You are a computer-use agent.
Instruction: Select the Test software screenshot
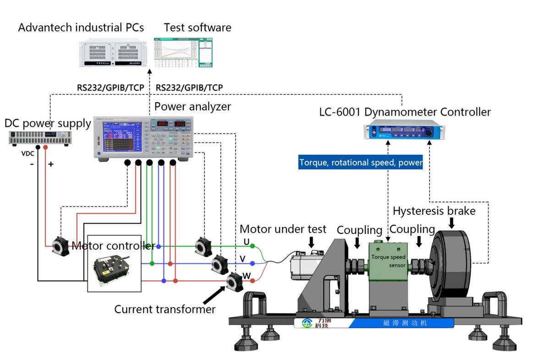[183, 52]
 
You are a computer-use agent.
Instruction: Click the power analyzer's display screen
[119, 137]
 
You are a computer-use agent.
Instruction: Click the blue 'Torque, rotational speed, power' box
[360, 163]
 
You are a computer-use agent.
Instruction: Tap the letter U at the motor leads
[247, 241]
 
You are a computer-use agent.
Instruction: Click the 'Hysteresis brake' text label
[434, 211]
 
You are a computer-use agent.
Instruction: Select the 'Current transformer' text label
[165, 309]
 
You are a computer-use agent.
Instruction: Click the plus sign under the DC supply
[50, 164]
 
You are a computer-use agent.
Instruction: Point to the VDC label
[27, 153]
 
